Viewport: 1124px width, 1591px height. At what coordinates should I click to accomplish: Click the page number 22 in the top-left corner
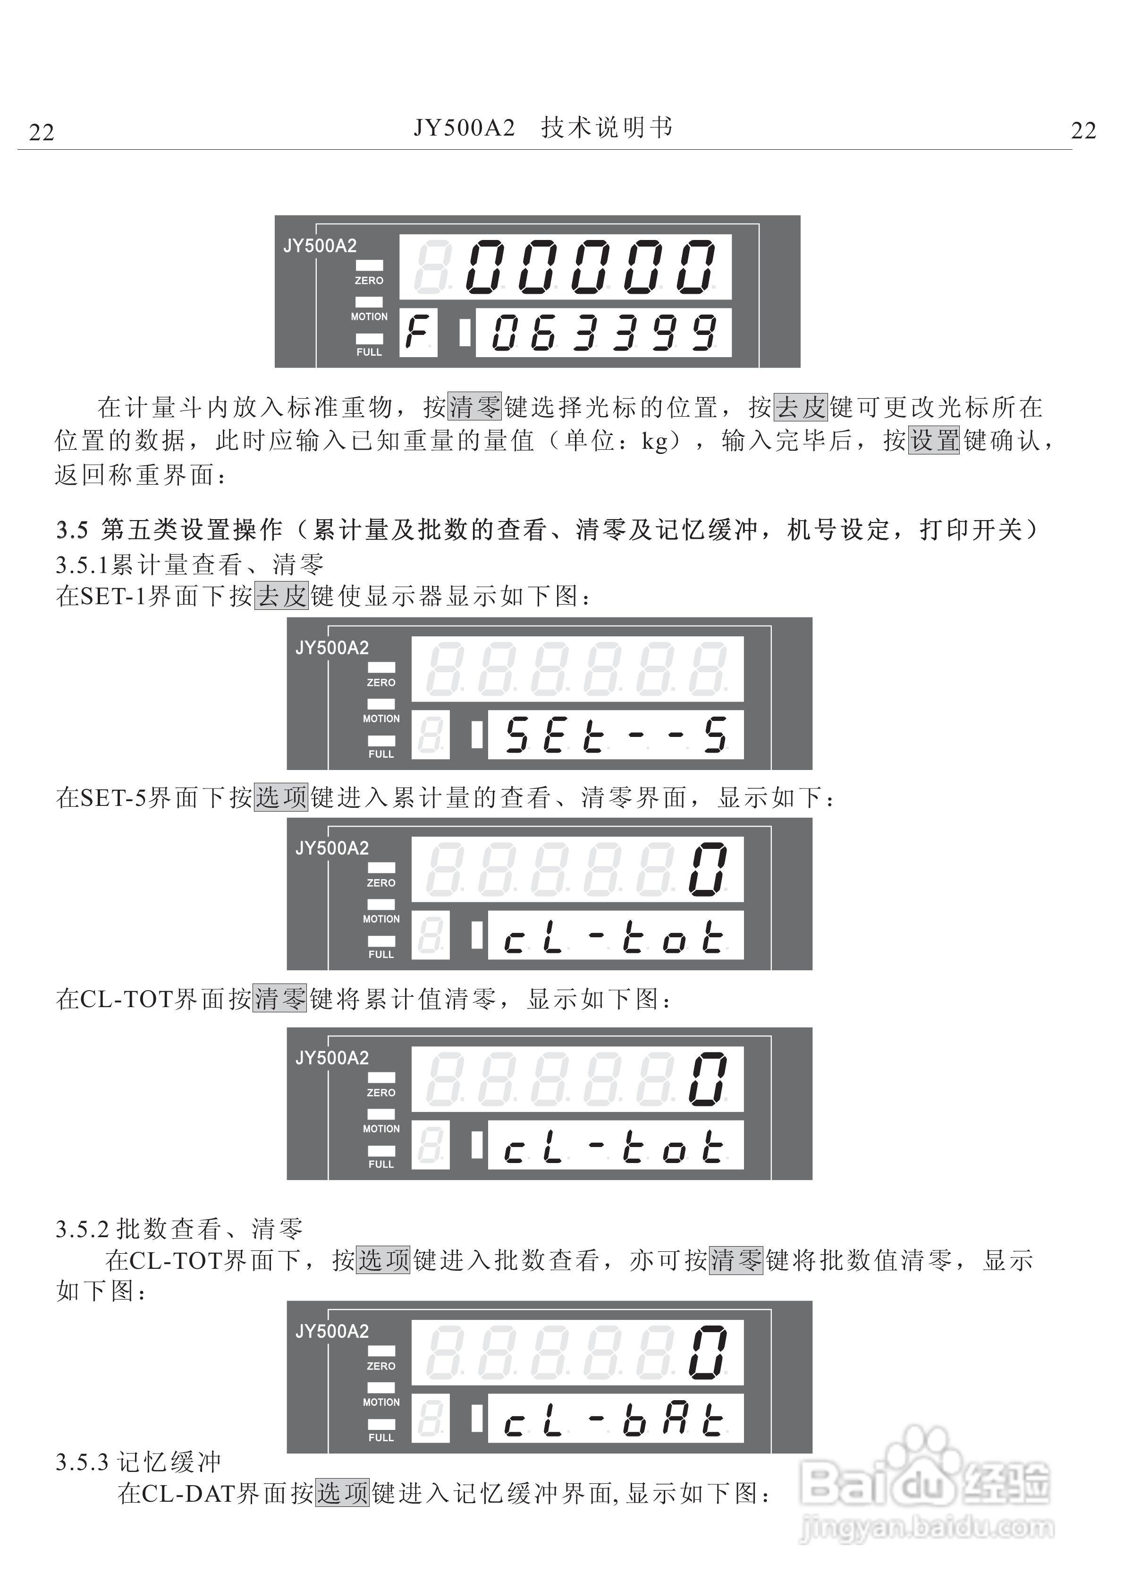pos(42,132)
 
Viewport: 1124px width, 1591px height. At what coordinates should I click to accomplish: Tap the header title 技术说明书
pos(607,128)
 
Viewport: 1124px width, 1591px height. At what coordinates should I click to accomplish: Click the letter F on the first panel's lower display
pos(418,333)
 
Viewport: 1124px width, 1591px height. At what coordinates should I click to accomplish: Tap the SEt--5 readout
pos(616,735)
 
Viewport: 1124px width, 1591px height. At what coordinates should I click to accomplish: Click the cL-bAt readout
pos(616,1419)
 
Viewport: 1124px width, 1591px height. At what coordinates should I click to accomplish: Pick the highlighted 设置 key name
pos(934,441)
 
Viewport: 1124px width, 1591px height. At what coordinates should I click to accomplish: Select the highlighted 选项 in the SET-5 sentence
pos(281,797)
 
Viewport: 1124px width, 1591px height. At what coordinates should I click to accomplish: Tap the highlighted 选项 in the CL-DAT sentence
pos(343,1493)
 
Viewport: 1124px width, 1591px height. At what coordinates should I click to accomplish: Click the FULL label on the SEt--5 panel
pos(381,754)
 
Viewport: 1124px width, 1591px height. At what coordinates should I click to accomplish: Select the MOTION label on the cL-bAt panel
pos(381,1402)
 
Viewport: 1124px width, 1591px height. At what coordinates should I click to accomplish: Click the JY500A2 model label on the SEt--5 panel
pos(332,648)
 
